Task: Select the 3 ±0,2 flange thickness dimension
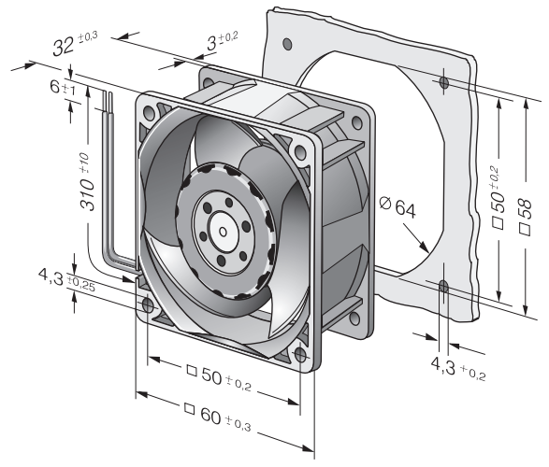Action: [222, 41]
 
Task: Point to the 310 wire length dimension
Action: [86, 181]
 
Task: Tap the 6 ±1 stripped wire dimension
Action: [63, 87]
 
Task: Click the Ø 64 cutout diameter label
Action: [397, 207]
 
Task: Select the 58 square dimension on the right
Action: [526, 217]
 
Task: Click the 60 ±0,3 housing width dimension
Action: [218, 417]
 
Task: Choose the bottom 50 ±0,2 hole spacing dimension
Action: [219, 378]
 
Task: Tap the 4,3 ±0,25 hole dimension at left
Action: [66, 278]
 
